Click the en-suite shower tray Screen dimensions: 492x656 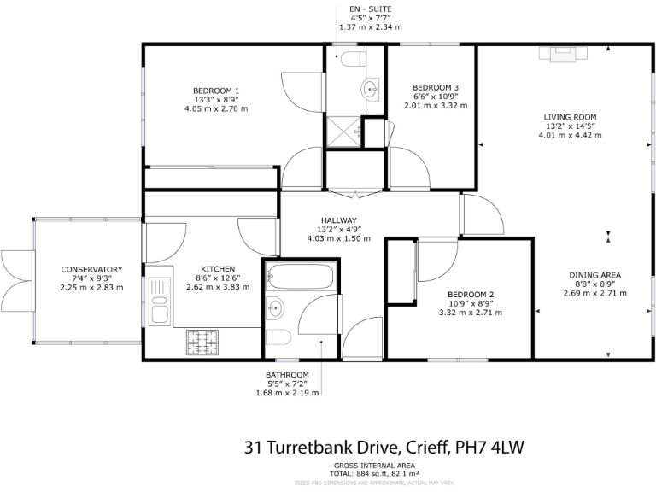(x=343, y=132)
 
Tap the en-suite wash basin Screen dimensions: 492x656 (x=372, y=87)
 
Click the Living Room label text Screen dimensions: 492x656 (x=571, y=117)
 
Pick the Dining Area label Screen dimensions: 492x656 (x=594, y=275)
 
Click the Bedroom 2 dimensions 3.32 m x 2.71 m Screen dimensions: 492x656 (x=469, y=313)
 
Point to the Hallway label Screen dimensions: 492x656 (x=338, y=220)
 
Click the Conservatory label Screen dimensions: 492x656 (x=91, y=270)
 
